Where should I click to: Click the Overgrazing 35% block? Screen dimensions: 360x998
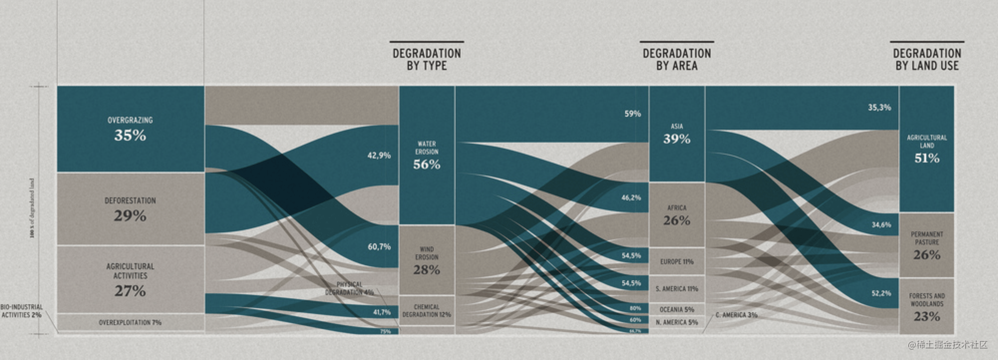click(x=130, y=129)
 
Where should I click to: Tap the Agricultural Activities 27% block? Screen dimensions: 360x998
click(x=130, y=280)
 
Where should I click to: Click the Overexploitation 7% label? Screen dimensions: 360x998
click(x=130, y=323)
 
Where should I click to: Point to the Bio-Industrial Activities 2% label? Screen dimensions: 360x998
click(x=21, y=311)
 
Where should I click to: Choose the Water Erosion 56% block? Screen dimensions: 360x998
click(x=427, y=156)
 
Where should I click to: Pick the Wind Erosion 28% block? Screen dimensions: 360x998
click(x=427, y=261)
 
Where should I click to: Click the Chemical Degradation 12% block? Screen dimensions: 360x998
click(x=427, y=311)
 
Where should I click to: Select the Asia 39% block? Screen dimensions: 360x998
click(x=676, y=134)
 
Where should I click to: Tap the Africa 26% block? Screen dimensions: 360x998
click(x=676, y=215)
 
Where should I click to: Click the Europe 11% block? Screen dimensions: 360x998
click(x=676, y=261)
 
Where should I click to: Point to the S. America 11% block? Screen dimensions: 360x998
click(x=676, y=289)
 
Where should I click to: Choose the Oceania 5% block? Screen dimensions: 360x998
click(x=676, y=310)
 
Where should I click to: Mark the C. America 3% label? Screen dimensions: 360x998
click(x=736, y=315)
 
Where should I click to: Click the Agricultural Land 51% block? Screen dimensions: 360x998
click(x=927, y=149)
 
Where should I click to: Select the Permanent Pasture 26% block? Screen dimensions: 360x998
click(x=927, y=246)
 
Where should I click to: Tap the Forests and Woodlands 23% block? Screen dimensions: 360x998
click(x=927, y=307)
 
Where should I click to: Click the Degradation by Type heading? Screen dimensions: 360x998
click(x=427, y=59)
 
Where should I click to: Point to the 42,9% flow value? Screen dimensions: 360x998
click(x=379, y=155)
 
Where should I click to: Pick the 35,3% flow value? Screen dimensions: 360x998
click(x=879, y=107)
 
